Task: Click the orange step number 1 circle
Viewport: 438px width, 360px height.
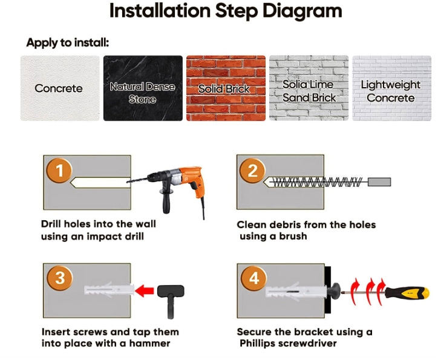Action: point(59,171)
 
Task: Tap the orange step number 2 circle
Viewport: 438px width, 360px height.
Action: point(252,171)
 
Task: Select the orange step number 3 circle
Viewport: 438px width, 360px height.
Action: point(60,278)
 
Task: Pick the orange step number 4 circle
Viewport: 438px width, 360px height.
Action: point(254,278)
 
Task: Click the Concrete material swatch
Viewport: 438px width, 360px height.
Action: point(60,88)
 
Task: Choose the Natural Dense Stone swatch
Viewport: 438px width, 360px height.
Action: point(143,88)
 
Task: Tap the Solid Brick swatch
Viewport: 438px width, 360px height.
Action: point(226,88)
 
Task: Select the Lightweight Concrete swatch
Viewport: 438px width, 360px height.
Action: point(391,88)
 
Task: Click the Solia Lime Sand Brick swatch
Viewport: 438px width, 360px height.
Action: point(309,88)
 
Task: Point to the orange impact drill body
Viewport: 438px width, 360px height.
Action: point(191,178)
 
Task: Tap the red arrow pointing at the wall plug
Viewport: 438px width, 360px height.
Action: point(145,290)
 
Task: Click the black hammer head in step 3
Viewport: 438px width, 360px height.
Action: point(171,291)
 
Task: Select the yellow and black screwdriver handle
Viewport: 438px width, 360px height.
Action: point(407,293)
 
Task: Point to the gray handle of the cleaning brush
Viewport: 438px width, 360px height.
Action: point(379,182)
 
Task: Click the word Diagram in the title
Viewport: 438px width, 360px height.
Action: point(302,11)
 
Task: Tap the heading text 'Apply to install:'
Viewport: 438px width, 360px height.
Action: point(68,43)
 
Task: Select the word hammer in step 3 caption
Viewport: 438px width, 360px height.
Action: point(149,343)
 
